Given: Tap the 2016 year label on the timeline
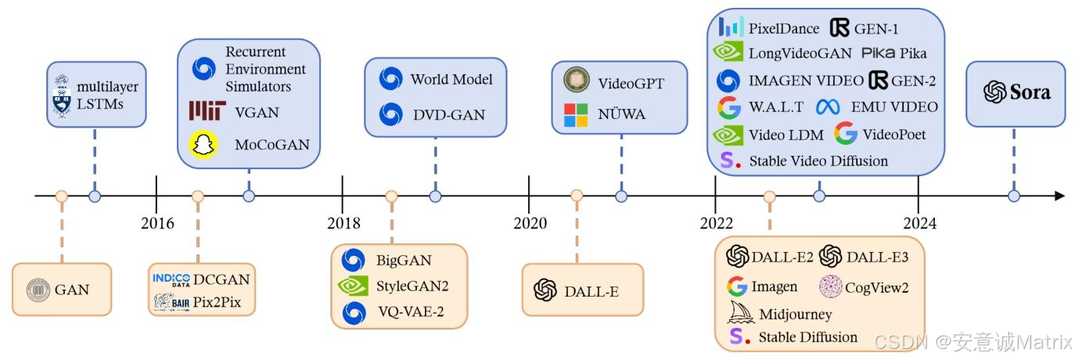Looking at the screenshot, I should (x=157, y=223).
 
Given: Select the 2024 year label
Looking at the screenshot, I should (x=919, y=223).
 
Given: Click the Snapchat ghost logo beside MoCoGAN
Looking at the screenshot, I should (x=203, y=145).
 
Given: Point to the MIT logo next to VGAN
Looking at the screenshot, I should (x=206, y=112).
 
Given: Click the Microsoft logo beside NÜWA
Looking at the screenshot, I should (x=577, y=114).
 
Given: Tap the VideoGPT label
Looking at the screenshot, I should (x=631, y=82).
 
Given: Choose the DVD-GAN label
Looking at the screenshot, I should (x=449, y=114).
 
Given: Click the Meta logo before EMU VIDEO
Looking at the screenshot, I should (x=827, y=107).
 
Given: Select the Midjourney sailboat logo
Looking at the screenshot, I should (x=740, y=313).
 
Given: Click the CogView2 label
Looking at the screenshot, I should (x=876, y=286).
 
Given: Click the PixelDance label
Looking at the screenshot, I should (x=784, y=29).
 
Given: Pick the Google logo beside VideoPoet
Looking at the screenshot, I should (x=846, y=134).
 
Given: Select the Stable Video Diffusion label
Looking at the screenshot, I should (x=818, y=160).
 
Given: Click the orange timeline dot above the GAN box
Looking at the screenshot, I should (x=62, y=196).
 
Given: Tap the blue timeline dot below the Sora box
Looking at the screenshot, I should (x=1014, y=196).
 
